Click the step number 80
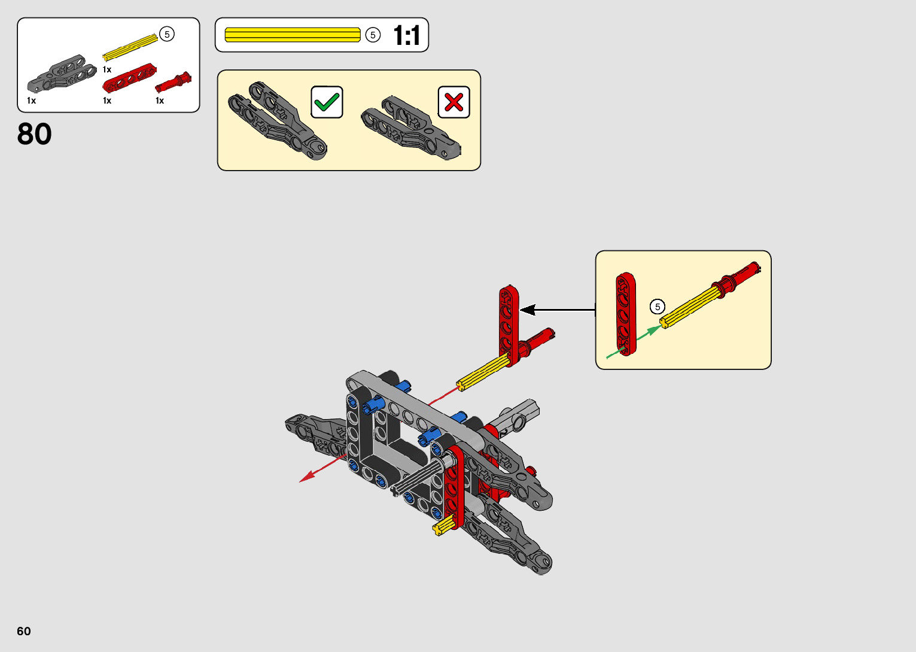[35, 134]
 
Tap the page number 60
[24, 631]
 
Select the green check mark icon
[327, 102]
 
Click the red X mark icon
[454, 102]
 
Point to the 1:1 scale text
[407, 36]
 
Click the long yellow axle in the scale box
[293, 35]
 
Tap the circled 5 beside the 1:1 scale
[373, 35]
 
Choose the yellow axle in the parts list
[130, 48]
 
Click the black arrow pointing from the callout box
[556, 310]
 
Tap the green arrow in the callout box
[634, 341]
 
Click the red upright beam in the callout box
[626, 314]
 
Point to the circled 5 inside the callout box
[658, 307]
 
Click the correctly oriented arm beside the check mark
[277, 120]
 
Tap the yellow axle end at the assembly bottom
[442, 527]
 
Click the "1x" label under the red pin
[160, 101]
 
